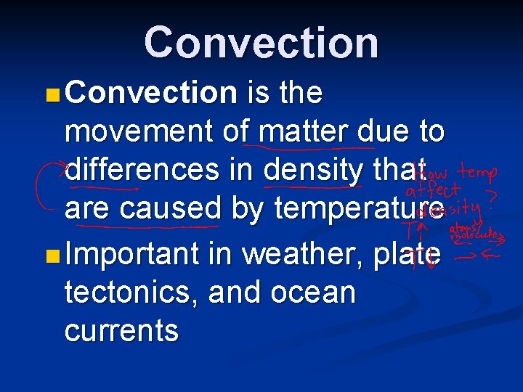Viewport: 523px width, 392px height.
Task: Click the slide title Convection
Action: point(261,42)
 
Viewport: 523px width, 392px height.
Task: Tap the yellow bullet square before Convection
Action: point(52,94)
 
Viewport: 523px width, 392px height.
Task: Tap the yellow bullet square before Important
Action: point(52,255)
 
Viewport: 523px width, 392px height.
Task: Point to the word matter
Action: point(304,132)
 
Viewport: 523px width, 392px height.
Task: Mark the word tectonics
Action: point(131,293)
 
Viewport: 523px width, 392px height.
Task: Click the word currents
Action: point(121,331)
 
